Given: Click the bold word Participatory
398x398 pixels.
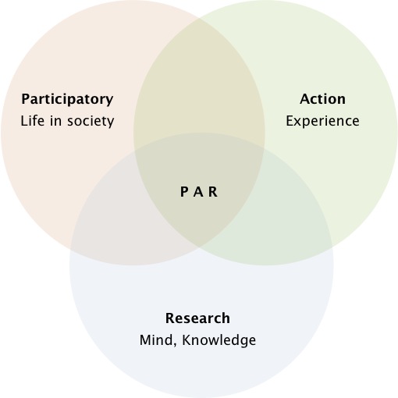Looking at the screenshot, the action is click(67, 100).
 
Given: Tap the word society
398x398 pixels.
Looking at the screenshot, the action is click(91, 122).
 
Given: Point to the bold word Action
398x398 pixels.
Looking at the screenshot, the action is click(323, 99).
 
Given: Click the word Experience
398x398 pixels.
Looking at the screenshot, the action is click(323, 122).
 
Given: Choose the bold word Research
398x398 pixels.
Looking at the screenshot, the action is click(197, 318).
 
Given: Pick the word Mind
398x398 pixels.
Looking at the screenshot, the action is click(156, 340).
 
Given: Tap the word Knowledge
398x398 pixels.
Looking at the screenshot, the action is click(219, 340).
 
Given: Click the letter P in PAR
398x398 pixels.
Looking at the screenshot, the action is click(184, 192).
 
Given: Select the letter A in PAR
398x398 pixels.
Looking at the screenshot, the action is click(198, 192).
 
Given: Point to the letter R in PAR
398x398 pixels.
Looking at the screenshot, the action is click(213, 192).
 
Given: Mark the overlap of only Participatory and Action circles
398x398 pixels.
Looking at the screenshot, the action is click(199, 86).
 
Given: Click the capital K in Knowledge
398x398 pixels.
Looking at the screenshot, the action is click(187, 340).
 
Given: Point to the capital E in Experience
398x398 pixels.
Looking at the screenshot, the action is click(290, 121).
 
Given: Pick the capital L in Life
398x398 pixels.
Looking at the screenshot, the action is click(24, 121).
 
